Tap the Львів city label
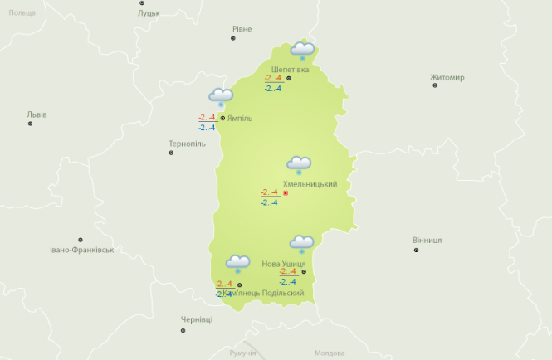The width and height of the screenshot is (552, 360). coord(37,114)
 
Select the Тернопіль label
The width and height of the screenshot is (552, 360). coord(187,144)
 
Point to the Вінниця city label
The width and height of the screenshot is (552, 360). coord(427,240)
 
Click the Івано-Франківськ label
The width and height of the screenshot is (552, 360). coord(81,249)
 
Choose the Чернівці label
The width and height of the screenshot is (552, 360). coord(197,319)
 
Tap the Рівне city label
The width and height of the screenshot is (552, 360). coord(242,29)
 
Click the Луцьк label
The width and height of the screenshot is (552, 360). coord(149,13)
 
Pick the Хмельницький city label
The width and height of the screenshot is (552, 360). coord(310,184)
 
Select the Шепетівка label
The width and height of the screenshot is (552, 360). coord(290,69)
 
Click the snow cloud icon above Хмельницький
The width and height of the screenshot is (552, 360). coord(299,165)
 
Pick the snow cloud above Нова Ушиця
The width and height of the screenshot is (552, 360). coord(300,244)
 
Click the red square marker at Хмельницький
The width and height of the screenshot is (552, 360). coord(286,193)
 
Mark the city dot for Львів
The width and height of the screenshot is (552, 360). coord(31,124)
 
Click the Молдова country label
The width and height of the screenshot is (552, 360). coord(330,353)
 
